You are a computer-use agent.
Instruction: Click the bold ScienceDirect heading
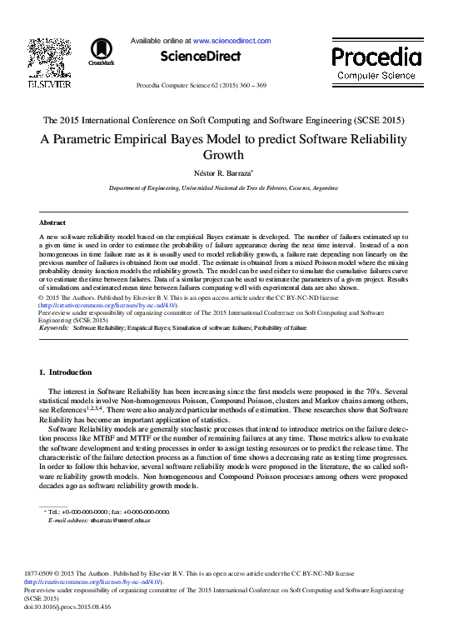[201, 57]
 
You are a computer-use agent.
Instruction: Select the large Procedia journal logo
[376, 57]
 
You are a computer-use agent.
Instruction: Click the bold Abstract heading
[52, 223]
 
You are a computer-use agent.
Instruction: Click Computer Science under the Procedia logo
[376, 76]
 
